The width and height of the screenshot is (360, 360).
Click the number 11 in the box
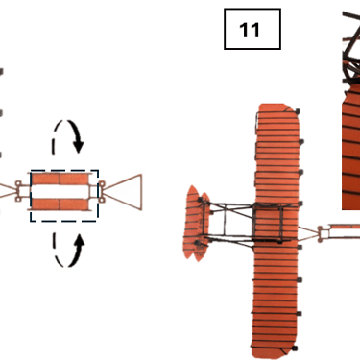click(250, 30)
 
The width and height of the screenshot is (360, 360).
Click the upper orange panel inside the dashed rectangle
click(60, 179)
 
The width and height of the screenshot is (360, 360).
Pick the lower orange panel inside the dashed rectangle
click(60, 204)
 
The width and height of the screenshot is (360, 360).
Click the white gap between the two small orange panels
click(60, 191)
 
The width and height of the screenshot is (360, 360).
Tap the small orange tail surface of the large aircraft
click(196, 223)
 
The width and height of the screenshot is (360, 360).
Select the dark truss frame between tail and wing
click(227, 222)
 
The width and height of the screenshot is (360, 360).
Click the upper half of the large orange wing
click(277, 154)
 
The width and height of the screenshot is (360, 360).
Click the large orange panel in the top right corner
click(351, 147)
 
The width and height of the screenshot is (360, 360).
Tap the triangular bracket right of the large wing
click(308, 232)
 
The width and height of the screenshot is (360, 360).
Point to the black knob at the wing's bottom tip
click(295, 348)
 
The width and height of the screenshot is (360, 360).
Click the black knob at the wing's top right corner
click(298, 111)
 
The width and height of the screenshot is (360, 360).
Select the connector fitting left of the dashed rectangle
click(20, 191)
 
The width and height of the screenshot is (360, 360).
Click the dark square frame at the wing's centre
click(268, 222)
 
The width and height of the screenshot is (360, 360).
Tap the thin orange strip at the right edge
click(345, 227)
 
